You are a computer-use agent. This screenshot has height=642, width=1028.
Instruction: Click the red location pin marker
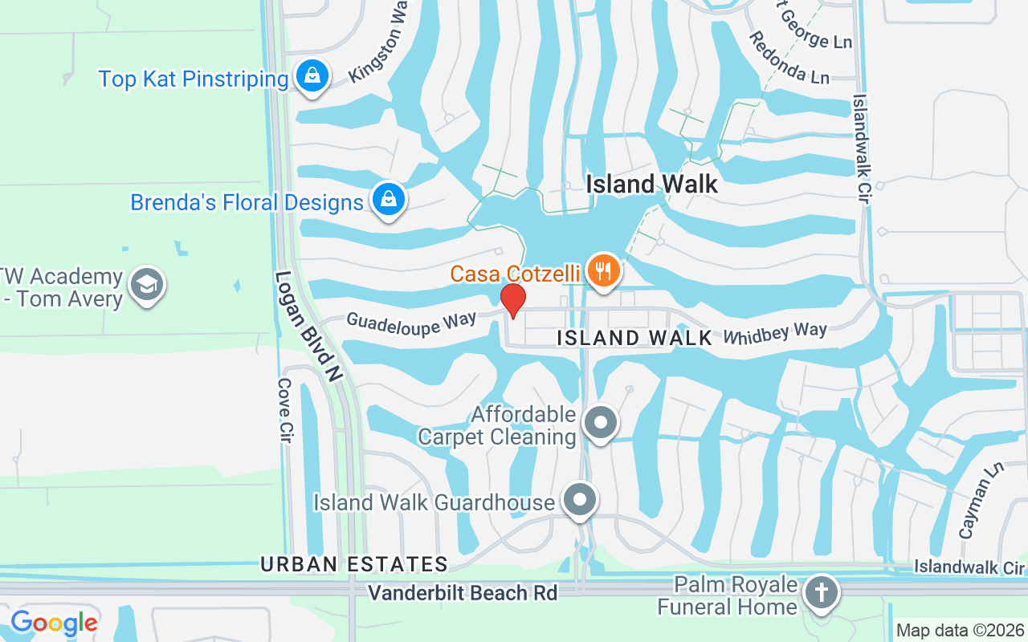coord(513,300)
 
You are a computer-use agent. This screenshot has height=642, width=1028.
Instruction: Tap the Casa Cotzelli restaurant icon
coord(602,270)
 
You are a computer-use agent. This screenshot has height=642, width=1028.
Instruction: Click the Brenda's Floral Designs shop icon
coord(389,199)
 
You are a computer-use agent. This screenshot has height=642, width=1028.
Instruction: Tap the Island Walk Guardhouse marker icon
coord(579,500)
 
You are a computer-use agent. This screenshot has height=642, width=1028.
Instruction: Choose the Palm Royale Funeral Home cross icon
coord(821,593)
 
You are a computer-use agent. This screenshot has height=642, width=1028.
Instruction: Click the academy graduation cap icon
coord(148,285)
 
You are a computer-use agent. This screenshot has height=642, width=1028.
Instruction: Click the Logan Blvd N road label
coord(308,325)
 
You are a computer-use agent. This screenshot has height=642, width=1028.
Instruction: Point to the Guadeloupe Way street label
coord(410,324)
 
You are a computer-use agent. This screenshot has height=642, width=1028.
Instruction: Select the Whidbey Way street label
coord(775,332)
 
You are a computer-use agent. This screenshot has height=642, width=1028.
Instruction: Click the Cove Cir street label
coord(284,410)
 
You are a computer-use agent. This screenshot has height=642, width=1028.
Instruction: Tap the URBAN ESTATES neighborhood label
coord(353,564)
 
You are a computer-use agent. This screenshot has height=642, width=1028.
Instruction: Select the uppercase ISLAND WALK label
coord(634,338)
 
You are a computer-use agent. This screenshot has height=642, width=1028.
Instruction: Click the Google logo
coord(54,622)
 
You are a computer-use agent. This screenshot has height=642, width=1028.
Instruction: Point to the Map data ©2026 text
coord(961,631)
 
